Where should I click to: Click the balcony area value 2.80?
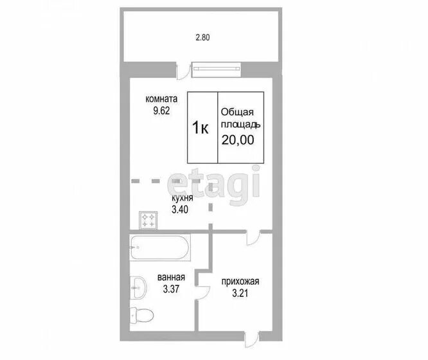[202, 37]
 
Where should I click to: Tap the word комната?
[161, 98]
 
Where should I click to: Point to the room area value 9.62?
[161, 111]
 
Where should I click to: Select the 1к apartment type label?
[201, 127]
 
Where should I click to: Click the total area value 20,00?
[238, 140]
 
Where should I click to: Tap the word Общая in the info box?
[237, 112]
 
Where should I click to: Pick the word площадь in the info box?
[240, 125]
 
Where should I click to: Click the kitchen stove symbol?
[148, 220]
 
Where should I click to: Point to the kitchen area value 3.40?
[180, 210]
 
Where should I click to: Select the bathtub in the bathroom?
[159, 248]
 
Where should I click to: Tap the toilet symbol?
[141, 316]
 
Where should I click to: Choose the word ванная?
[171, 278]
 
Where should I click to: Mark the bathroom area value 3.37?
[171, 289]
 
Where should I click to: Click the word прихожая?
[240, 282]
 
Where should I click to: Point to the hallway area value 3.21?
[240, 293]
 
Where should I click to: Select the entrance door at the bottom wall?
[252, 339]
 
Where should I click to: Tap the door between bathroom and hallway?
[202, 292]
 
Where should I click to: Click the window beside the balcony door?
[217, 69]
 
